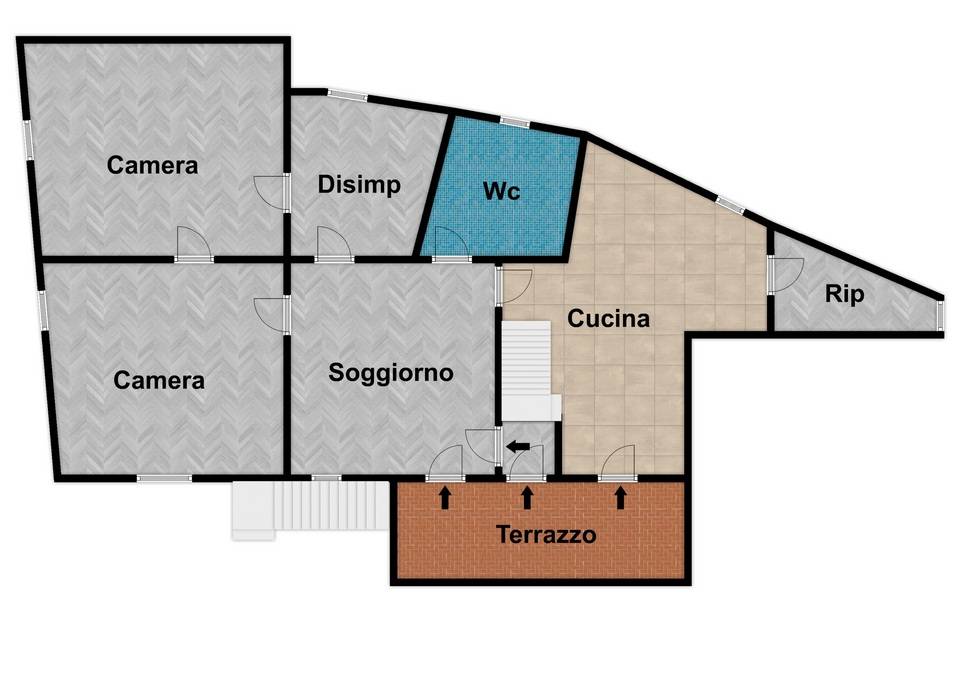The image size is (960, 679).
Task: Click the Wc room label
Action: [501, 192]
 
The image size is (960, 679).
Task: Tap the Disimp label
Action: [359, 185]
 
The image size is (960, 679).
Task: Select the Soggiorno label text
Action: [392, 373]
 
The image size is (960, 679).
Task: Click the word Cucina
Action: [609, 319]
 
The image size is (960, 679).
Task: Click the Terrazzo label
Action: [547, 534]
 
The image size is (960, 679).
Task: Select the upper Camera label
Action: [153, 165]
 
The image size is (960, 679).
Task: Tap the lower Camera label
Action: [159, 380]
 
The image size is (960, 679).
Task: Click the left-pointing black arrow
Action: [517, 447]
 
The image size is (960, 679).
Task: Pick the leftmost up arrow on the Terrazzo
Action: [445, 496]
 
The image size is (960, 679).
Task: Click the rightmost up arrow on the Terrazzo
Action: [621, 496]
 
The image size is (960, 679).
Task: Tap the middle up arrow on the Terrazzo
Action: [528, 496]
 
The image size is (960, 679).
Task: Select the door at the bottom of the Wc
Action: [451, 245]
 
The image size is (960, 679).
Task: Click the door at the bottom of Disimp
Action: [331, 245]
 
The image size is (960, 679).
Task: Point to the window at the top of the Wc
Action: [514, 122]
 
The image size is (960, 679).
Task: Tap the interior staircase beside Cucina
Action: [526, 370]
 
